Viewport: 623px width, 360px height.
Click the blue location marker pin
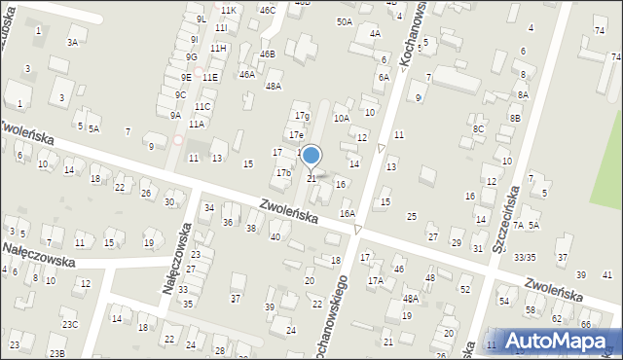pyautogui.click(x=311, y=157)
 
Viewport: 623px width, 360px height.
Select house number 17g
pyautogui.click(x=303, y=116)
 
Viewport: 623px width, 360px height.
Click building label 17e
pyautogui.click(x=296, y=134)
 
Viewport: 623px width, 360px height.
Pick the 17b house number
pyautogui.click(x=283, y=172)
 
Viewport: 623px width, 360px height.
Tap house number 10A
pyautogui.click(x=341, y=118)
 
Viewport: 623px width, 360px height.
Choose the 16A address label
pyautogui.click(x=348, y=213)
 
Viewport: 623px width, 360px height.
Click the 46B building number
pyautogui.click(x=267, y=54)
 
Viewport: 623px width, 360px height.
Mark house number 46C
pyautogui.click(x=267, y=10)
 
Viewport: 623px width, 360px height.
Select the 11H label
pyautogui.click(x=218, y=48)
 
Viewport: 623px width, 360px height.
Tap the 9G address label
pyautogui.click(x=192, y=56)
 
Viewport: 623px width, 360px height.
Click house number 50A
pyautogui.click(x=345, y=21)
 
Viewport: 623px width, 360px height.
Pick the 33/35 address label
pyautogui.click(x=525, y=257)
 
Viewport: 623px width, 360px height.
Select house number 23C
pyautogui.click(x=69, y=324)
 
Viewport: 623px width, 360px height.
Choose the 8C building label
pyautogui.click(x=478, y=128)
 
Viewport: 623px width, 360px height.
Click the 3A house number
pyautogui.click(x=72, y=42)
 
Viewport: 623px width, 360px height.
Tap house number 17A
pyautogui.click(x=375, y=280)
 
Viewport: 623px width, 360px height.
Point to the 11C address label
pyautogui.click(x=202, y=106)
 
